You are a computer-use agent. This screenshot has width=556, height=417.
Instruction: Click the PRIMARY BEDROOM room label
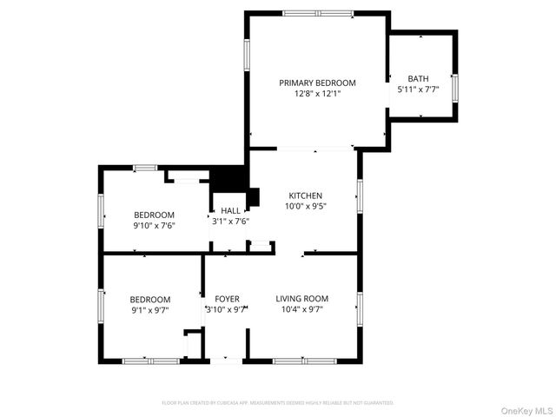coord(317,83)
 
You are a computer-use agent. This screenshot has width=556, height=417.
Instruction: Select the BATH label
coord(418,78)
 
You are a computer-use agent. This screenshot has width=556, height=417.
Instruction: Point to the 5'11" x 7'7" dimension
coord(418,89)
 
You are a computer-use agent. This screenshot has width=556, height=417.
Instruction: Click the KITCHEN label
coord(305,196)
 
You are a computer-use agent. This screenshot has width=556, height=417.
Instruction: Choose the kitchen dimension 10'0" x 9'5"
coord(305,207)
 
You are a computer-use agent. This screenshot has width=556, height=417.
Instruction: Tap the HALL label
coord(230,210)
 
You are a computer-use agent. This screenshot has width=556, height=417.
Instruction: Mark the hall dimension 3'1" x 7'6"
coord(230,221)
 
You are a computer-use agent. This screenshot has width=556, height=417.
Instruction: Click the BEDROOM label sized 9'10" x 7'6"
coord(154,215)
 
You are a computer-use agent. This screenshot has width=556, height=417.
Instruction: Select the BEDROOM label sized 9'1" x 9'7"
coord(150,299)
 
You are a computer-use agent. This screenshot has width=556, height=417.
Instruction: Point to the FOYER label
coord(227,299)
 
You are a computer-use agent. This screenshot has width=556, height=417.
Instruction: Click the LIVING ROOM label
coord(302,299)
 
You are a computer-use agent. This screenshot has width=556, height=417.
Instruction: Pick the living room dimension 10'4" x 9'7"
coord(302,309)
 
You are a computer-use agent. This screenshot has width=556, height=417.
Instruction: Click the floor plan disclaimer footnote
coord(277,403)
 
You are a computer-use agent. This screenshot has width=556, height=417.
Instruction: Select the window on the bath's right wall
coord(455,88)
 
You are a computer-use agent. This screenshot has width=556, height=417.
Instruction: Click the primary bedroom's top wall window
coord(318,13)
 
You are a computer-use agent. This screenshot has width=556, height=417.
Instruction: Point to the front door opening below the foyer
coord(228,360)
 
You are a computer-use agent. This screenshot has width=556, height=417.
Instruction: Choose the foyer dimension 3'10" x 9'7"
coord(227,309)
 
